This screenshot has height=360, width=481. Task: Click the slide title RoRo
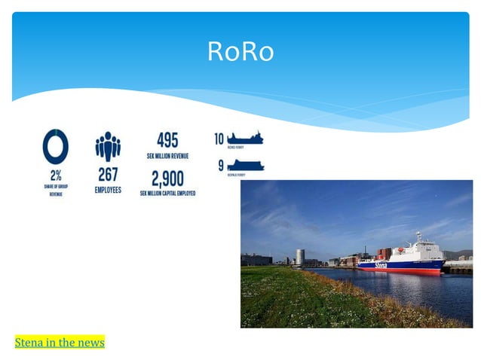[240, 52]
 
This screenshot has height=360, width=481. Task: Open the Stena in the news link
[60, 343]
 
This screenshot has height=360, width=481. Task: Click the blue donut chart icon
[56, 146]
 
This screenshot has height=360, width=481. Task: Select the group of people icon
[108, 146]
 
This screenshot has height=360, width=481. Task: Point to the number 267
[108, 174]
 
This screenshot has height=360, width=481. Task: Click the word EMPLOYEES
[108, 190]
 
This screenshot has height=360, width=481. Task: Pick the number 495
[167, 141]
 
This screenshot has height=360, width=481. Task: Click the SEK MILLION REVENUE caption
[167, 156]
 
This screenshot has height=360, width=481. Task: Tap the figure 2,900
[167, 178]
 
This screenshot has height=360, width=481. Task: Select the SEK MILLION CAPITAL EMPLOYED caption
[167, 194]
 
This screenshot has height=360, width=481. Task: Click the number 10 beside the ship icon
[219, 139]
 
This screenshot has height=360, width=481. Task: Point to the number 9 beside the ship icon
[220, 165]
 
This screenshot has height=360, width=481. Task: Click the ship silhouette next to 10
[246, 138]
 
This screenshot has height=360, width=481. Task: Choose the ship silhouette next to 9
[246, 165]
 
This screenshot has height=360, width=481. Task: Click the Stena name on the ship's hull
[381, 264]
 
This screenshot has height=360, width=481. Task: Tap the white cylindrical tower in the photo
[300, 256]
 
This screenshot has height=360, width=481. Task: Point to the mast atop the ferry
[418, 236]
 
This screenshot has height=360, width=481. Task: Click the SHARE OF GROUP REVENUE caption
[56, 190]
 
